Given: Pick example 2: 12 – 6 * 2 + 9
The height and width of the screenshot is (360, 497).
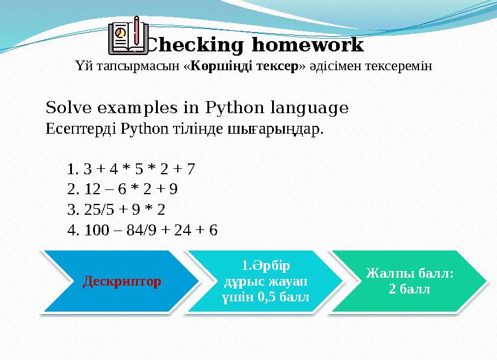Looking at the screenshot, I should pyautogui.click(x=123, y=189).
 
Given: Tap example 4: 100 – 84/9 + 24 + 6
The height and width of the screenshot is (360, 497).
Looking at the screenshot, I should pyautogui.click(x=143, y=231).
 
